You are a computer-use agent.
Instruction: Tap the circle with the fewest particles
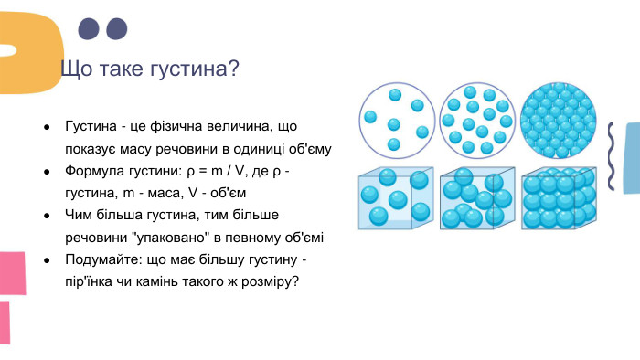[x=395, y=120]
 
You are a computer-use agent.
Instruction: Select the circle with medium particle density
[x=476, y=120]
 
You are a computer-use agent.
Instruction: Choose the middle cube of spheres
[x=476, y=198]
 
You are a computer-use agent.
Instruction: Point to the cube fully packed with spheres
[x=558, y=198]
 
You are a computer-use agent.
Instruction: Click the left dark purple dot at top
[x=89, y=29]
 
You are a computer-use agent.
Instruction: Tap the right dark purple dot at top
[x=117, y=29]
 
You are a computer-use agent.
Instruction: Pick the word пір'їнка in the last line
[x=90, y=281]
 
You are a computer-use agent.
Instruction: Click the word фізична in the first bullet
[x=196, y=126]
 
